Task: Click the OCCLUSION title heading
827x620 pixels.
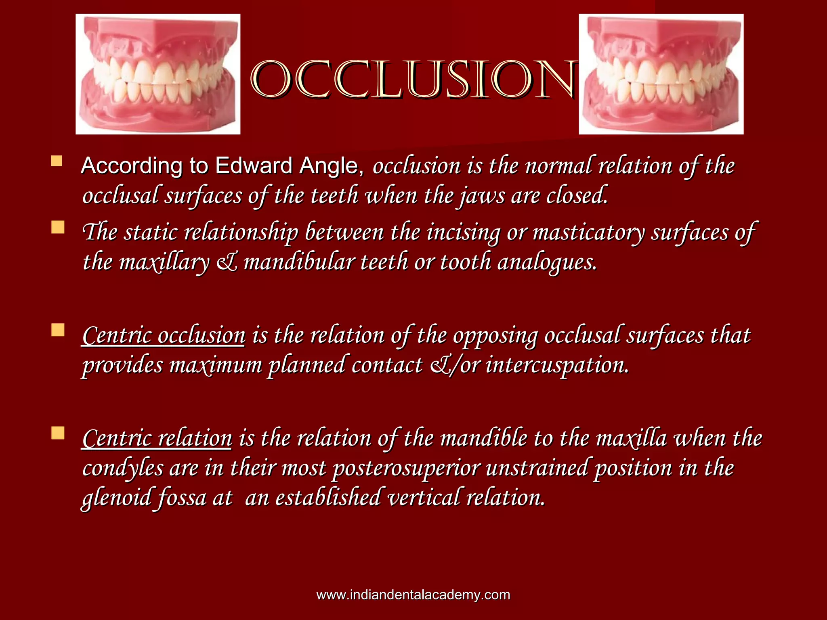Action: [x=413, y=80]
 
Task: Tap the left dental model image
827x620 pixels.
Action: [x=158, y=74]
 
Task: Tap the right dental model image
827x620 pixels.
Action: [x=661, y=74]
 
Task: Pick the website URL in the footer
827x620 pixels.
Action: [x=413, y=595]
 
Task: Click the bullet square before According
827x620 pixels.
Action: [x=57, y=161]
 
